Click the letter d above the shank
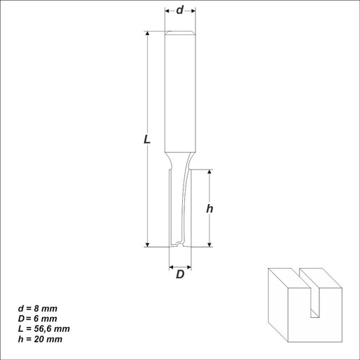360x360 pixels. coord(180,11)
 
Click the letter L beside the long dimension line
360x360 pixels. coord(147,139)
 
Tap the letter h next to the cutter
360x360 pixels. coord(210,208)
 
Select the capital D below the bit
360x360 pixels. coord(180,274)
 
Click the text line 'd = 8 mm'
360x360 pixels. coord(38,309)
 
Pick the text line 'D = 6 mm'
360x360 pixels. coord(37,319)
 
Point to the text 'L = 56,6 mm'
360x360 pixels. coord(44,329)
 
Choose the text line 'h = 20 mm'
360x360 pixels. coord(40,339)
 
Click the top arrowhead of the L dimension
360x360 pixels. coord(148,33)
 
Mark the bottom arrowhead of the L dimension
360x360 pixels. coord(148,245)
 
